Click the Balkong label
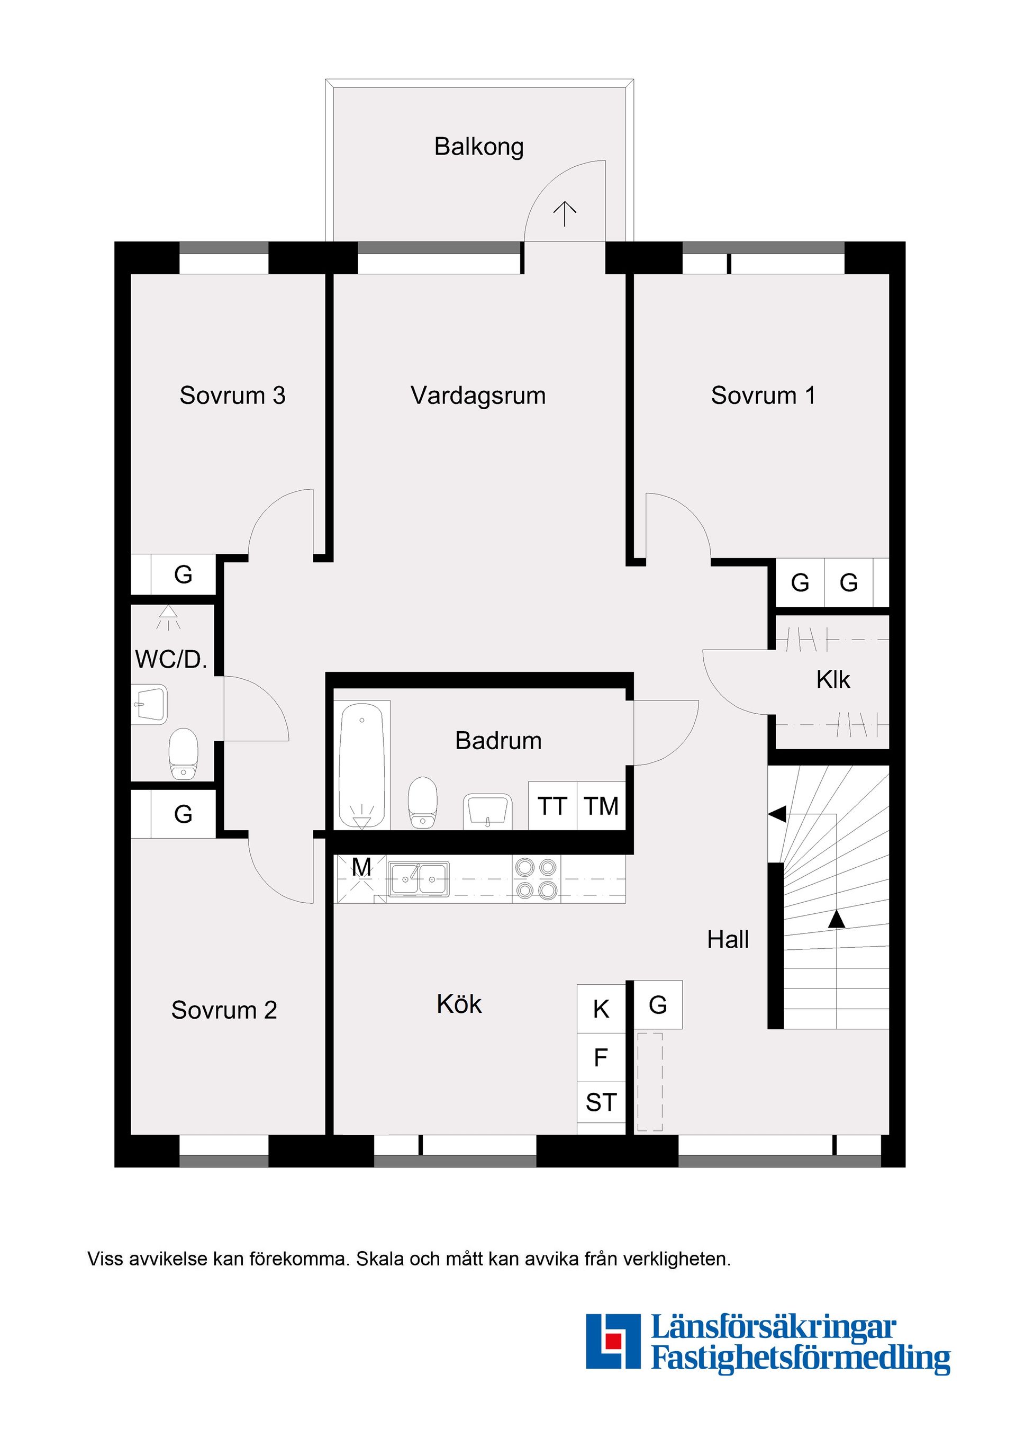(x=479, y=147)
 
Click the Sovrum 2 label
(x=224, y=1010)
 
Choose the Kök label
(x=459, y=1004)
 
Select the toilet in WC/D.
(x=184, y=753)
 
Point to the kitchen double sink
(x=418, y=879)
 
